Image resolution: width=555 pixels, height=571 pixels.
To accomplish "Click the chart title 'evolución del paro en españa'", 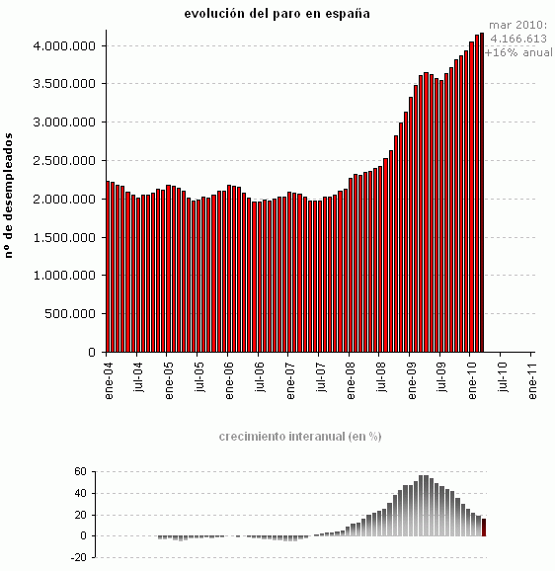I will pos(277,14).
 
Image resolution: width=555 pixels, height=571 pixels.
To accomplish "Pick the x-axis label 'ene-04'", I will pos(108,379).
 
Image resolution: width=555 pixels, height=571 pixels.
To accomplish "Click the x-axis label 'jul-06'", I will pos(260,379).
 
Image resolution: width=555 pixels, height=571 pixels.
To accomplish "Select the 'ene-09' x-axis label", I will pos(413,379).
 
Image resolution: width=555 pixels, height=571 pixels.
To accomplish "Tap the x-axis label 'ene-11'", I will pos(534,379).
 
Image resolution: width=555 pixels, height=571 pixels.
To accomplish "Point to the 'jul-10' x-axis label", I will pos(504,379).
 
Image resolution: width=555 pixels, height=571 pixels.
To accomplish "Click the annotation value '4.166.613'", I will pos(518,40).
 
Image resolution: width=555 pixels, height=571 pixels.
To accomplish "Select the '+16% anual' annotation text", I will pos(517,52).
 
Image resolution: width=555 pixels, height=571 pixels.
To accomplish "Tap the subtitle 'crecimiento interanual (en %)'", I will pos(299,436).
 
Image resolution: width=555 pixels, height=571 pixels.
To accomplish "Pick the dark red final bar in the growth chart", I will pos(484,528).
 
